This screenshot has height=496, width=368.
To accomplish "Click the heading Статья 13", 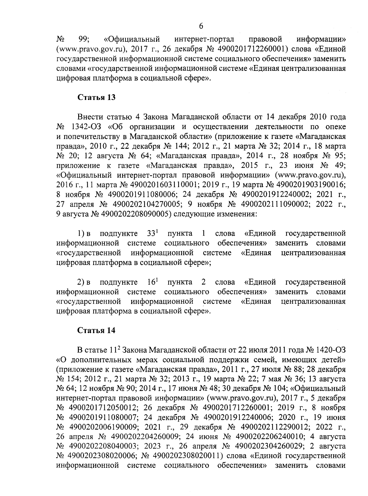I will pyautogui.click(x=96, y=98).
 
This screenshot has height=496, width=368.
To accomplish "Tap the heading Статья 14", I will pyautogui.click(x=96, y=330).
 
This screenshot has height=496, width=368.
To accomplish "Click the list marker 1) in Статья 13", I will pyautogui.click(x=80, y=234).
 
